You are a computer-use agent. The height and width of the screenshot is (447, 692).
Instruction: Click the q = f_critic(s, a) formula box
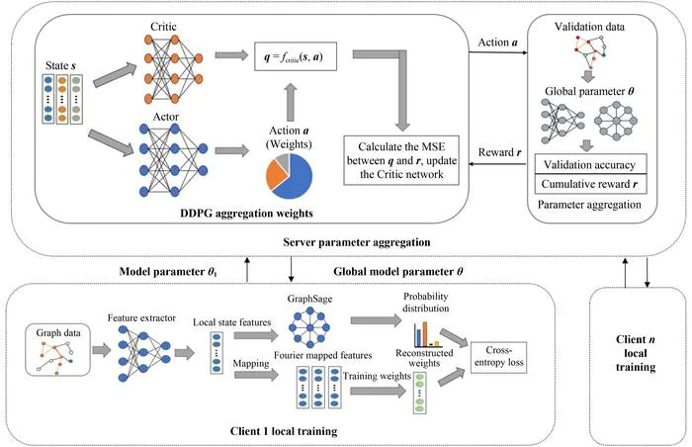click(x=296, y=56)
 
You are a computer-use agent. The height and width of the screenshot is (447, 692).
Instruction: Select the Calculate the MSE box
click(x=401, y=160)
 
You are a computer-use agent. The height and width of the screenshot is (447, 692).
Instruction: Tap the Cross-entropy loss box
click(x=498, y=357)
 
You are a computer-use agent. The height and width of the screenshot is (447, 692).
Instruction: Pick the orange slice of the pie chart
click(x=275, y=174)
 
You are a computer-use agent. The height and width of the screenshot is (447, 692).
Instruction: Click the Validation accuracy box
click(x=590, y=164)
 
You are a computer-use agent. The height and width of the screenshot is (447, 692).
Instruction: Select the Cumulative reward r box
click(x=590, y=184)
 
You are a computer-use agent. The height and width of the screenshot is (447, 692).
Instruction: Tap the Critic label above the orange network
click(x=164, y=27)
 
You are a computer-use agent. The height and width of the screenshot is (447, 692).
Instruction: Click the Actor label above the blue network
click(x=165, y=117)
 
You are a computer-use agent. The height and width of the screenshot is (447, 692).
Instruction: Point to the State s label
click(x=60, y=66)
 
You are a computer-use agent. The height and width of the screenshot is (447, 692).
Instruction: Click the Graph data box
click(x=57, y=350)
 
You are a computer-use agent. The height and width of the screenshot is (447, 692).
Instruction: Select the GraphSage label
click(x=309, y=299)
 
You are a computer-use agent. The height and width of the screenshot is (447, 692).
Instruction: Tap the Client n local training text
click(x=636, y=353)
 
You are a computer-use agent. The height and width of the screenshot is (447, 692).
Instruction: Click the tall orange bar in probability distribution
click(x=425, y=334)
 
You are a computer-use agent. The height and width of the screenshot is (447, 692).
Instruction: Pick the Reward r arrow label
click(x=499, y=152)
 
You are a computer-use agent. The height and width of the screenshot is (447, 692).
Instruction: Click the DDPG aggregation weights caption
click(x=246, y=214)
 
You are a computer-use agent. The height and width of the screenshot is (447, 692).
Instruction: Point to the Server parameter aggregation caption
click(x=357, y=242)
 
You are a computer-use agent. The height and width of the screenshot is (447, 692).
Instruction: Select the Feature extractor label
click(x=141, y=318)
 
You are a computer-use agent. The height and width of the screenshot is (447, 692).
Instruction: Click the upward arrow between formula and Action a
click(x=291, y=102)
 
